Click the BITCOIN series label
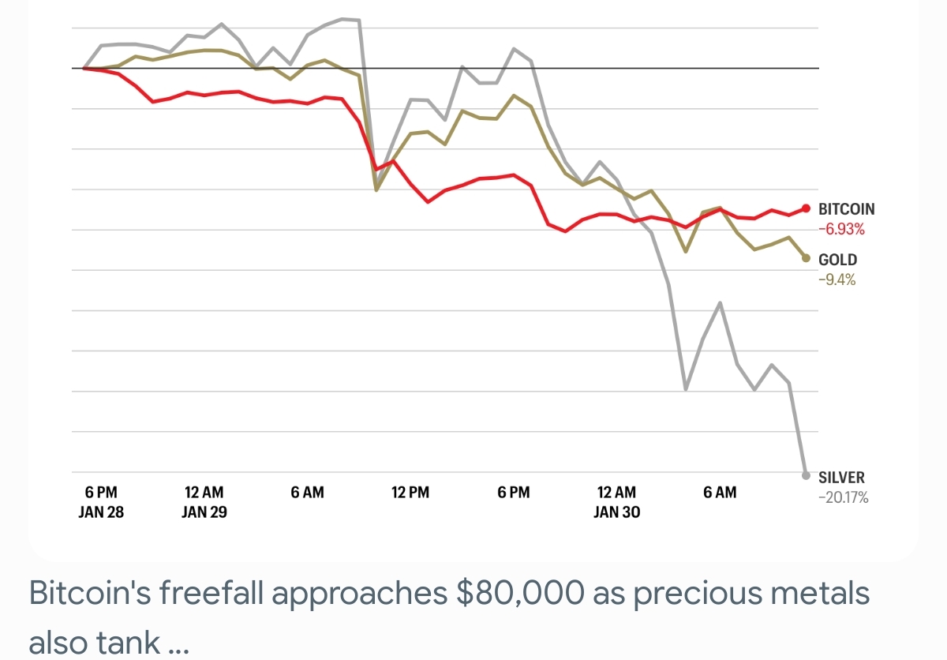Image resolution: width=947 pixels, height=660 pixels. coord(846,209)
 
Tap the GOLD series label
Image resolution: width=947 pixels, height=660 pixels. coord(837,260)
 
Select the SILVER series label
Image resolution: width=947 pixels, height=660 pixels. coord(841,478)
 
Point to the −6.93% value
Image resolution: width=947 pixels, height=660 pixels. coord(841,230)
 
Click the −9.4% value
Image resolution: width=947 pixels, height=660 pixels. coord(837,279)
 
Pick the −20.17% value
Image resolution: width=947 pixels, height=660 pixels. coord(843,497)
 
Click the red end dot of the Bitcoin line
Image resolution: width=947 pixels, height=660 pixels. coord(806,208)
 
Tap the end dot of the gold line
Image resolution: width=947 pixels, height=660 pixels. coord(806,258)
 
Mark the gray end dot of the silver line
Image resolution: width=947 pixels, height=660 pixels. coord(806,475)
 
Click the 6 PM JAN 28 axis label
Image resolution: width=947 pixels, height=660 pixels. coord(101,502)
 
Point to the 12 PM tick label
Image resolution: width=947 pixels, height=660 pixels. coord(410,493)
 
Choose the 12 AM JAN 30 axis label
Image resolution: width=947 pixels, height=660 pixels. coord(616,502)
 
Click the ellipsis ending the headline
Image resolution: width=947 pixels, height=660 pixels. coord(179,643)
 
